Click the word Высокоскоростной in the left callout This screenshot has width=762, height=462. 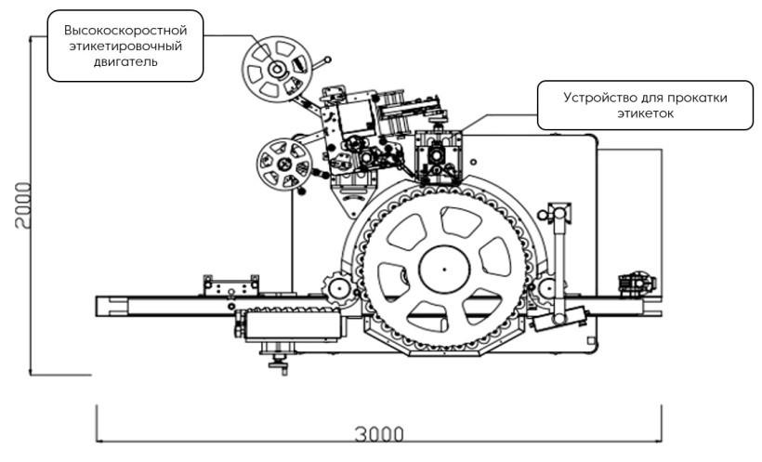click(x=125, y=29)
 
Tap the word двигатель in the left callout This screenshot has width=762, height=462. click(x=125, y=62)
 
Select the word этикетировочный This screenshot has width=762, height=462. click(x=125, y=46)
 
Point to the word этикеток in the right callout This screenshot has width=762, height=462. click(x=645, y=113)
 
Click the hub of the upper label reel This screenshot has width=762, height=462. click(x=277, y=70)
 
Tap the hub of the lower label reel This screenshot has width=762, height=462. click(x=283, y=165)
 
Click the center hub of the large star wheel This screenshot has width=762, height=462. click(x=444, y=270)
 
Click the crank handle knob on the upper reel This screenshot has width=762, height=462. click(x=326, y=59)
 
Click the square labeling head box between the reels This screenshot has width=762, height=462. click(x=356, y=117)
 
